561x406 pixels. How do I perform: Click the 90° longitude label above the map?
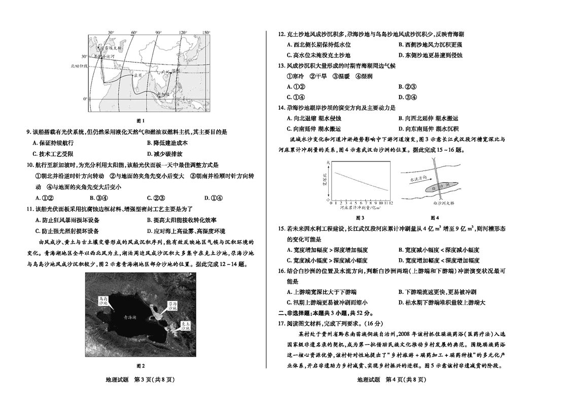tap(158, 32)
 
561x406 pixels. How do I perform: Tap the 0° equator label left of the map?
tap(85, 98)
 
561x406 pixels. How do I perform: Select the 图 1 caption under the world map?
tap(141, 120)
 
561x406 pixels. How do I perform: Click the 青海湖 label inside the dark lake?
tap(131, 317)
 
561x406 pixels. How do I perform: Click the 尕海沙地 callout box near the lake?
tap(172, 306)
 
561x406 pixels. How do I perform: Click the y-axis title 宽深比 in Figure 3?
tap(324, 180)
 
